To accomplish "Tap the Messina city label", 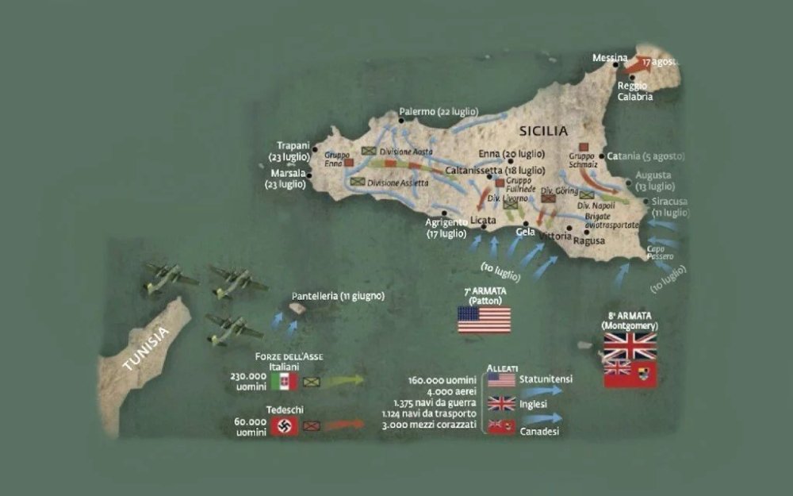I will point(611,58).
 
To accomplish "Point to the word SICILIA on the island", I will point(543,131).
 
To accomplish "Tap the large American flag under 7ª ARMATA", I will point(484,319).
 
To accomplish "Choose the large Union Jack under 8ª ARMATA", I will point(630,346).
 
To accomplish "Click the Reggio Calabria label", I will point(635,91).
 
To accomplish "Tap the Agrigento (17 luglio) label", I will point(446,228).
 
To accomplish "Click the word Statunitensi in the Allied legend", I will point(546,379).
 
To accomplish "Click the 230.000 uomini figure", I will point(249,381).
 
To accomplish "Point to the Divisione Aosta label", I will point(406,151).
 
